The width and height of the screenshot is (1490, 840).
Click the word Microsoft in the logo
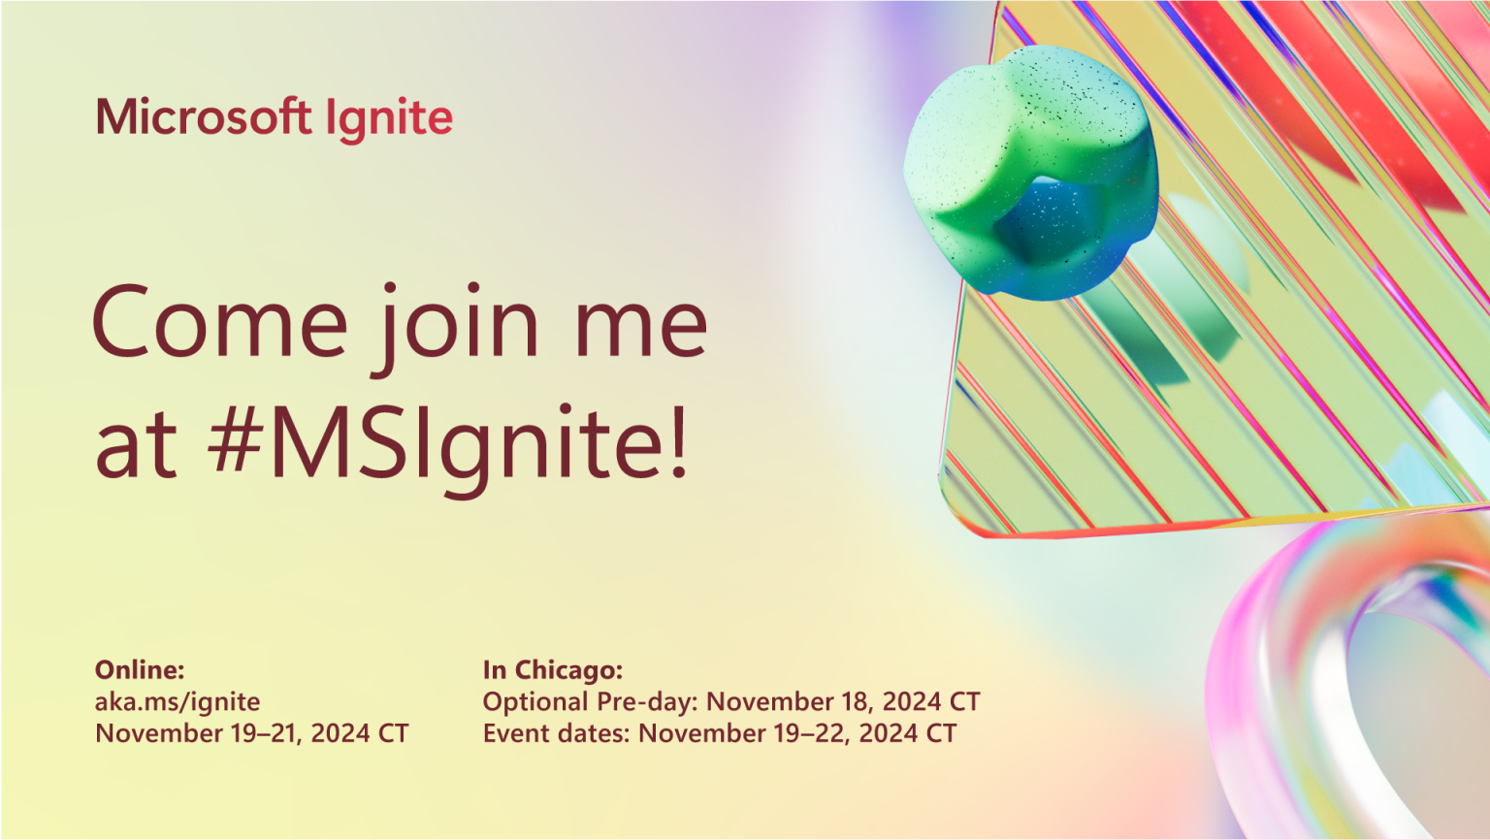tap(203, 117)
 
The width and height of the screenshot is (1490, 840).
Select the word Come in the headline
tap(219, 323)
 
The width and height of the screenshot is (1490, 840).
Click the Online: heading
tap(140, 669)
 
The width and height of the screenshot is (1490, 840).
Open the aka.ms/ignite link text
tap(178, 701)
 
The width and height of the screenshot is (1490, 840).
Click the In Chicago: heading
tap(553, 669)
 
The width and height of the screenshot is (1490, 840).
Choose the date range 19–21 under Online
tap(266, 733)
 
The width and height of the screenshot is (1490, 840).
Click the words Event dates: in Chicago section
tap(557, 733)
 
